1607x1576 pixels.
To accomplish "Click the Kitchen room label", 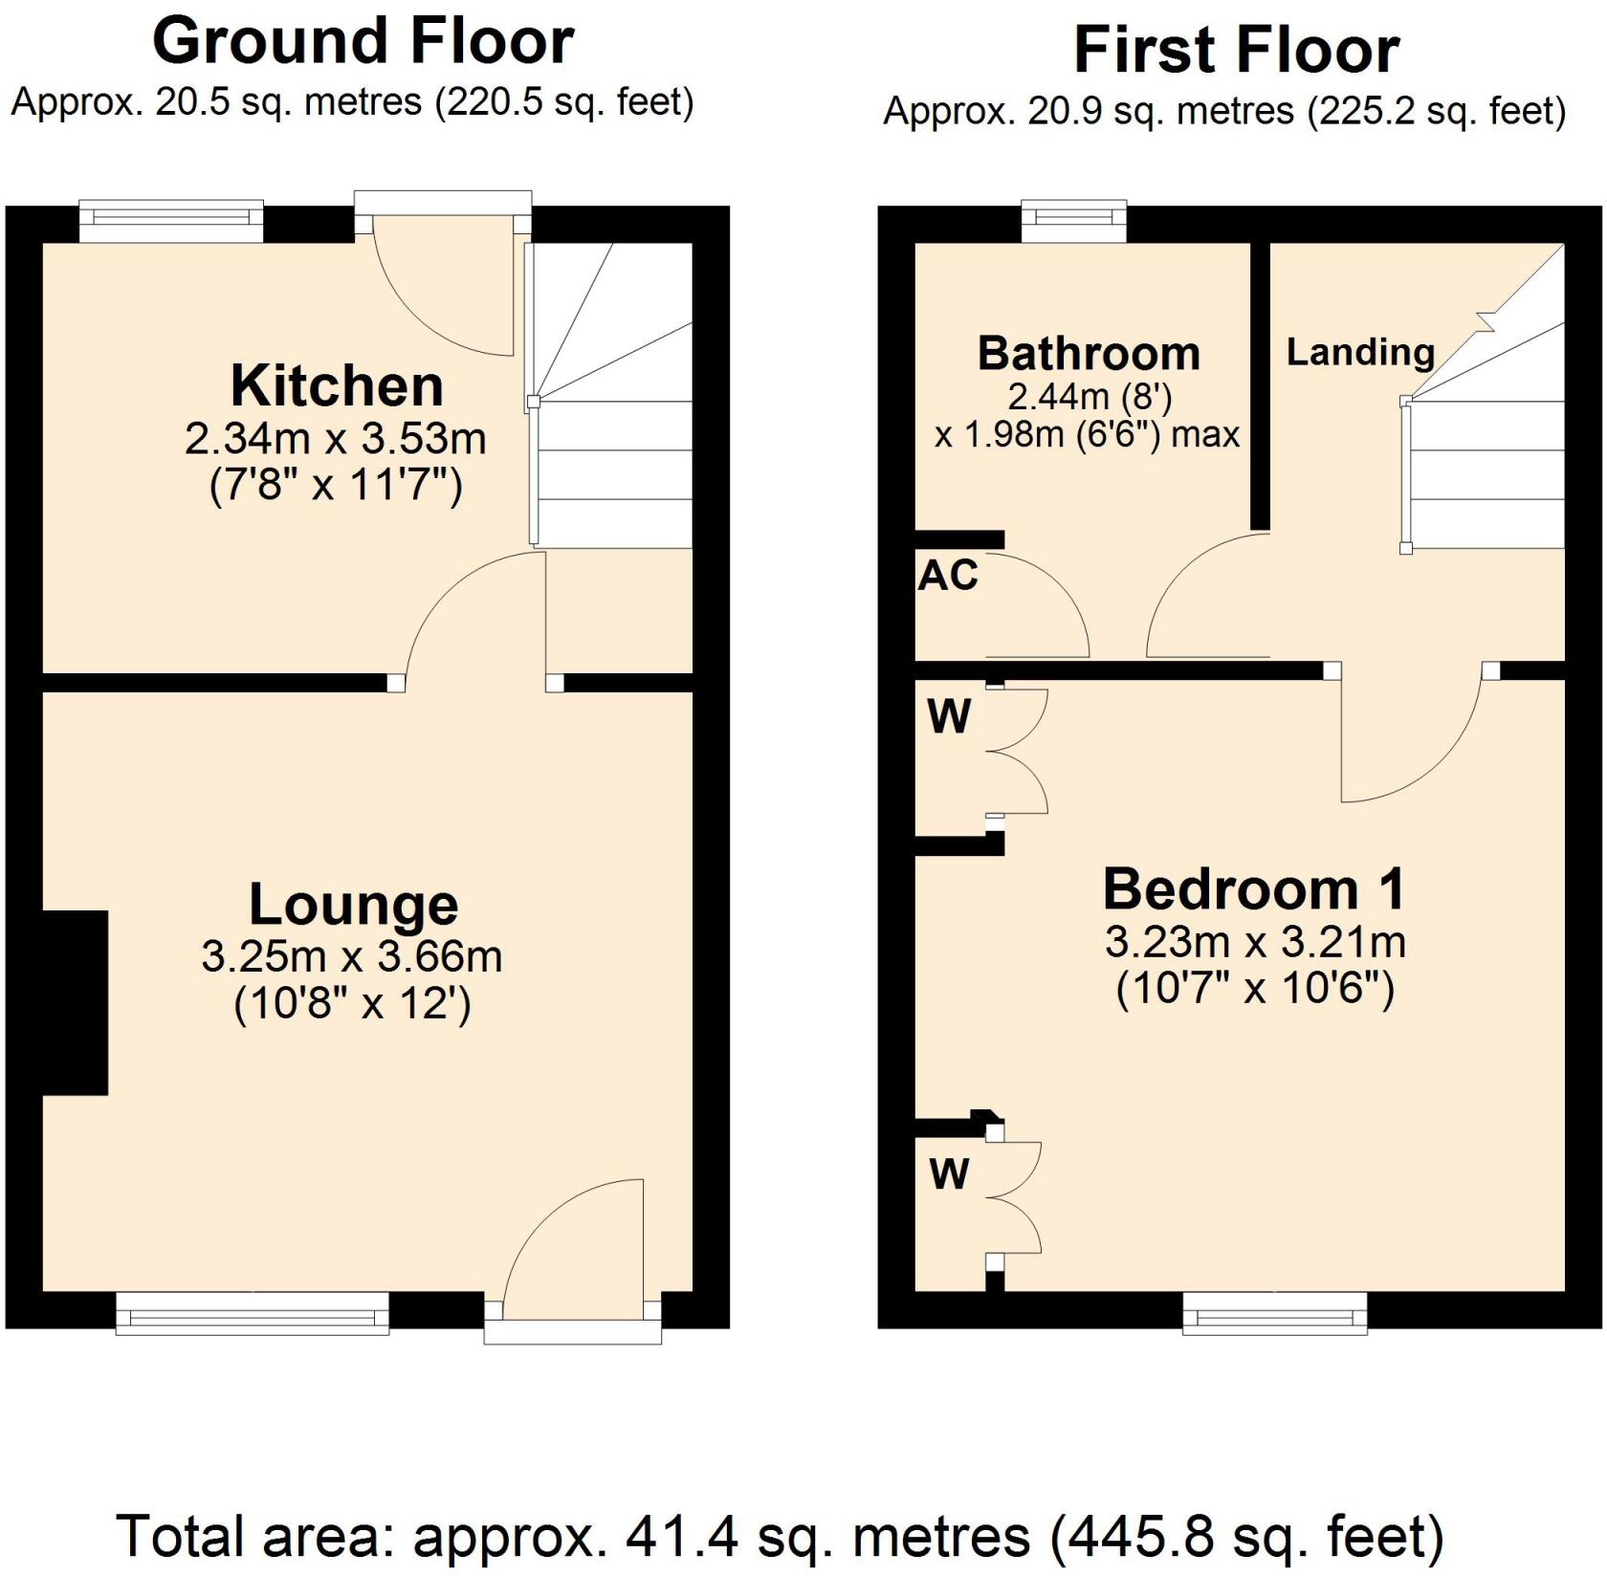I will click(337, 386).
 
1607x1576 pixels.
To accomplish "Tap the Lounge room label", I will click(353, 905).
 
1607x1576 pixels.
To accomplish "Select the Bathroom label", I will click(1089, 355).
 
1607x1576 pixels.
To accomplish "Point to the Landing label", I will click(1359, 352).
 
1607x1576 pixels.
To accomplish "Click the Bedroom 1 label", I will click(1254, 889).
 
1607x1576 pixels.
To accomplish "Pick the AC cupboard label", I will click(948, 576).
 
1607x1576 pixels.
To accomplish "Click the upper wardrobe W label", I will click(949, 716).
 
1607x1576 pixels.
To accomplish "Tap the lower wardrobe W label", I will click(949, 1173).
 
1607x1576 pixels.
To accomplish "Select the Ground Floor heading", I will click(363, 42).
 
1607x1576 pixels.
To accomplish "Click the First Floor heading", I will click(1236, 50).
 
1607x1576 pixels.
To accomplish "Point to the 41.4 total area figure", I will click(682, 1537).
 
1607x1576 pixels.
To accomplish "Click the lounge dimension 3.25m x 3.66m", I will click(351, 956).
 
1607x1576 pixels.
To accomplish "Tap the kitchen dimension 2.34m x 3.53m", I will click(336, 439).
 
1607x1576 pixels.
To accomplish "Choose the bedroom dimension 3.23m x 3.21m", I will click(1254, 943).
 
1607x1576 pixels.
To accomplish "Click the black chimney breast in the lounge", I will click(75, 1001).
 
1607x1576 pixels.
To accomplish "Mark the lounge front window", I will click(253, 1313).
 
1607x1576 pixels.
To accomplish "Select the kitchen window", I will click(170, 220).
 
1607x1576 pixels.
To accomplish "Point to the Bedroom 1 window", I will click(1275, 1313).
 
